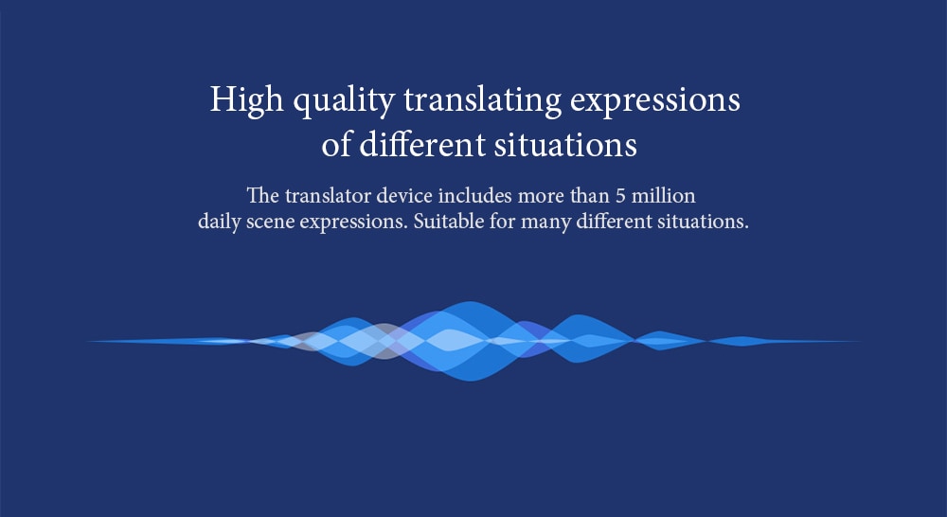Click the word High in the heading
coord(246,100)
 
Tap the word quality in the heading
coord(345,101)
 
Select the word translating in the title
coord(483,101)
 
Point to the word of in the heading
coord(336,145)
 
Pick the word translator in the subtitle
coord(328,196)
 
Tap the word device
coord(404,196)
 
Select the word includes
coord(475,196)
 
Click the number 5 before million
coord(620,196)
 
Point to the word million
coord(663,196)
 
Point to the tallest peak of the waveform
coord(470,303)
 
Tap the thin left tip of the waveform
coord(91,342)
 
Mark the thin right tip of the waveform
coord(859,342)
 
